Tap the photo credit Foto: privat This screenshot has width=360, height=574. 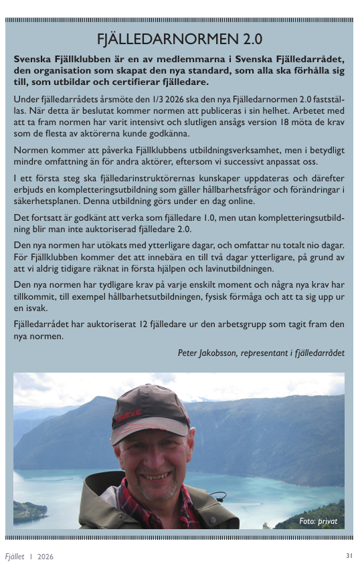click(318, 520)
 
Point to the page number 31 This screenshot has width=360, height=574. click(349, 556)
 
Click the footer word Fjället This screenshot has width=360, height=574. click(15, 557)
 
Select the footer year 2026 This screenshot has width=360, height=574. click(46, 557)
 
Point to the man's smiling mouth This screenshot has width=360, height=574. click(157, 476)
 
